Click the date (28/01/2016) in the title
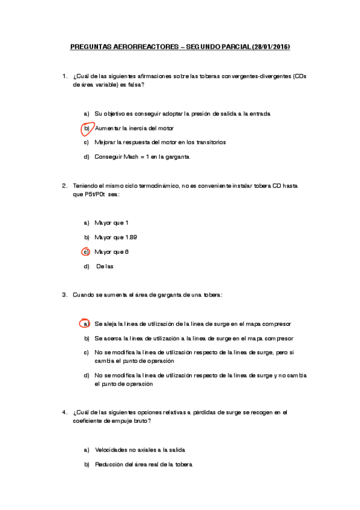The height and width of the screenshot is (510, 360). pos(270,46)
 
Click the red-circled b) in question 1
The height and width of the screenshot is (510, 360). pos(87,128)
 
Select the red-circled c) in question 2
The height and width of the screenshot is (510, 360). pos(87,251)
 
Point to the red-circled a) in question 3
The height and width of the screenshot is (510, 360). pos(87,324)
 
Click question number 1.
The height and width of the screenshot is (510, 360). pos(64,76)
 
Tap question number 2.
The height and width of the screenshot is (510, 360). pos(64,186)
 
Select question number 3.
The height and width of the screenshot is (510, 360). pos(64,295)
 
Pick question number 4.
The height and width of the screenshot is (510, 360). pos(64,412)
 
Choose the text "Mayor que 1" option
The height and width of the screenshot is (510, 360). pos(111,223)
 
